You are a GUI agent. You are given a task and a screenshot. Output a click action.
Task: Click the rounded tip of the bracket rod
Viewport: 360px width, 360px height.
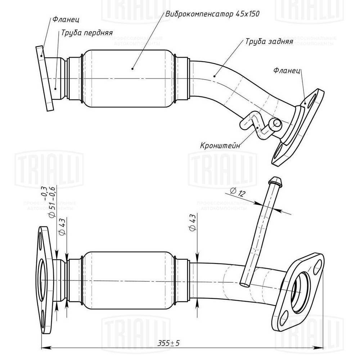(275, 180)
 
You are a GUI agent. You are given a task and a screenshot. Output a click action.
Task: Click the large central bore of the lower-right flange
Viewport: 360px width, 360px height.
(300, 292)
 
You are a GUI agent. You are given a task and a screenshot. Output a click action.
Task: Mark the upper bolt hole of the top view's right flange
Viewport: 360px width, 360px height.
(314, 97)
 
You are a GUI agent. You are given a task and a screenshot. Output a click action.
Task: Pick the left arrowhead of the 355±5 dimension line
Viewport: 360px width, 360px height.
(44, 348)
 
